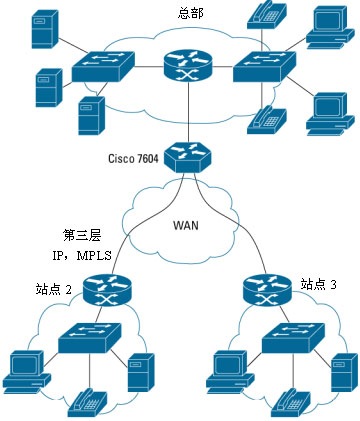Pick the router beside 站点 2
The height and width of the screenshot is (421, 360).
[x=104, y=290]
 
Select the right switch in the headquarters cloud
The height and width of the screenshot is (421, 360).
[x=265, y=68]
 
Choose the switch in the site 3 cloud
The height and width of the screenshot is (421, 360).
[x=291, y=341]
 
